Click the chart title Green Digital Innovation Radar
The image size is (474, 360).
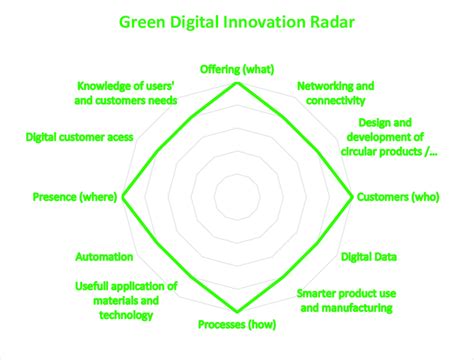tap(237, 20)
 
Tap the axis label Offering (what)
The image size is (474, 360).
tap(238, 68)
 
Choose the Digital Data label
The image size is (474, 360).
tap(369, 257)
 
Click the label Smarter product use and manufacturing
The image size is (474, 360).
tap(344, 301)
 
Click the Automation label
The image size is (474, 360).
tap(105, 257)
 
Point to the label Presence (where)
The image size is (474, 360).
tap(75, 198)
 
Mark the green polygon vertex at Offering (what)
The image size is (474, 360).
tap(238, 83)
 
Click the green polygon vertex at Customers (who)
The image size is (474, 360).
tap(353, 198)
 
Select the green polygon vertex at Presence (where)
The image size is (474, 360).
tap(123, 198)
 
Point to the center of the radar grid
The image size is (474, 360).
tap(238, 198)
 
